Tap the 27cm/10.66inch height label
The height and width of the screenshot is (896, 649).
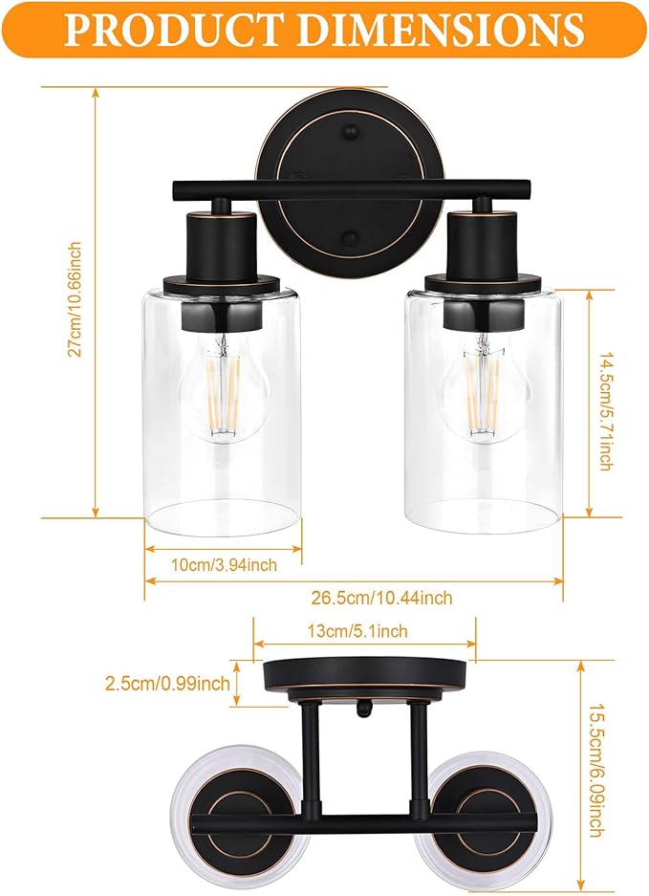pyautogui.click(x=75, y=299)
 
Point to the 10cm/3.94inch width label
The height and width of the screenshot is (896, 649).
pyautogui.click(x=224, y=565)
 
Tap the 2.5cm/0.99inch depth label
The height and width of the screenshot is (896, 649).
pyautogui.click(x=169, y=683)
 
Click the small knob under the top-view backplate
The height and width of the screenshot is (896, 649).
pyautogui.click(x=364, y=709)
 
